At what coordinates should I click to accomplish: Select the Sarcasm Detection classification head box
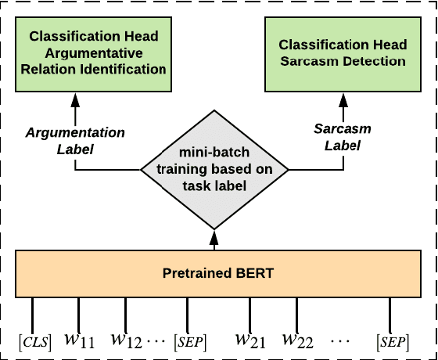tap(342, 53)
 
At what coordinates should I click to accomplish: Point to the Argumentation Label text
tap(75, 140)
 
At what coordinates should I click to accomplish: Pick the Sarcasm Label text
tap(342, 136)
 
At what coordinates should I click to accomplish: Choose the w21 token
tap(250, 340)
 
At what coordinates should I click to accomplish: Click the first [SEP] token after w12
tap(190, 341)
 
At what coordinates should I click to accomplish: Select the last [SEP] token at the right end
tap(391, 341)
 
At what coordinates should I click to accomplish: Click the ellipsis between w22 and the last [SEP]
tap(343, 342)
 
